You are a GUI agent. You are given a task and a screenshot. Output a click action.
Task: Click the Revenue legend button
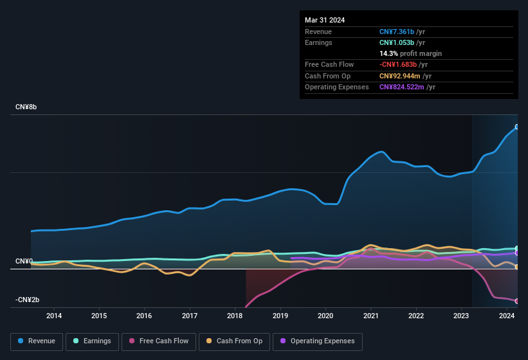(x=37, y=341)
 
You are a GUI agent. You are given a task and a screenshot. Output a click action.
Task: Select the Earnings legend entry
(x=93, y=341)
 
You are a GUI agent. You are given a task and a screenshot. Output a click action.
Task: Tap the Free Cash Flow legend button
(x=159, y=341)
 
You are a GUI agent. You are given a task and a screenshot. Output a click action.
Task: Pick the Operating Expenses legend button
(x=318, y=341)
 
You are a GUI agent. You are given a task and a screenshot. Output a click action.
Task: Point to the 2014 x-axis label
(x=54, y=316)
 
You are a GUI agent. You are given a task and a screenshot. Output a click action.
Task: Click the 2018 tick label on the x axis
(x=235, y=316)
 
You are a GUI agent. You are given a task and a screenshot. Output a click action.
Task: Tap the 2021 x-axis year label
(x=370, y=316)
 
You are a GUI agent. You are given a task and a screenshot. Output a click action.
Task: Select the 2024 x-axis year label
(x=506, y=316)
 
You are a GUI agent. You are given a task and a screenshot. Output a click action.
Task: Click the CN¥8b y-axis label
(x=26, y=107)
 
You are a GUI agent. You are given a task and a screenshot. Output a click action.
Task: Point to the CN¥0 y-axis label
(x=24, y=262)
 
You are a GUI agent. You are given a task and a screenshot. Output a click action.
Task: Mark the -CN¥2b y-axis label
(x=28, y=300)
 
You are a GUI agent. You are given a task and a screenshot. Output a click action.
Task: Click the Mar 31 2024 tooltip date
(x=325, y=20)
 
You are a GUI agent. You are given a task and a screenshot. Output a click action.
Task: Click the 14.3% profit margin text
(x=410, y=53)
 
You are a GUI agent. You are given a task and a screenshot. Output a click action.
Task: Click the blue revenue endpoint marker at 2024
(x=517, y=127)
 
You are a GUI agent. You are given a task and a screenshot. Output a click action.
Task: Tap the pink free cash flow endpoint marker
(x=517, y=301)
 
